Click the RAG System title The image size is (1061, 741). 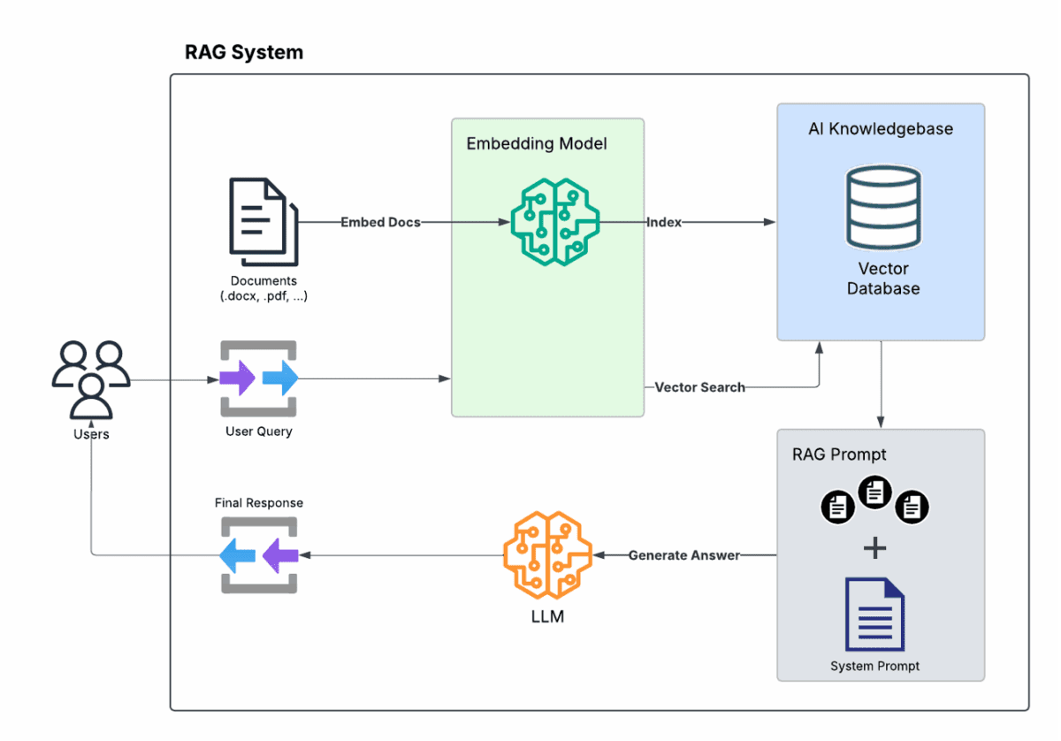(x=243, y=52)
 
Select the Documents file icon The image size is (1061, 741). (x=263, y=221)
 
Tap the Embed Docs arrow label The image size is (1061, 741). (x=380, y=222)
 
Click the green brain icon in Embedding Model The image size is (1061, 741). (x=555, y=221)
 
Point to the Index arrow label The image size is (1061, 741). (x=664, y=222)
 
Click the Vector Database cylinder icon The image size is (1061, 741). (x=882, y=208)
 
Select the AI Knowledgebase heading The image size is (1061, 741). (x=880, y=129)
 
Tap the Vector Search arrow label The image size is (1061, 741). (x=699, y=386)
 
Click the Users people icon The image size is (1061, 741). (x=91, y=379)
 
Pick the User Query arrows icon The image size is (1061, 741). (x=258, y=378)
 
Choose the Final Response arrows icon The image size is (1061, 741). (x=258, y=555)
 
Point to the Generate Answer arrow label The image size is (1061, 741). (x=683, y=555)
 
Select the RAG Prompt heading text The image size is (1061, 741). (x=839, y=455)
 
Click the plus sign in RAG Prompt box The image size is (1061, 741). (x=874, y=548)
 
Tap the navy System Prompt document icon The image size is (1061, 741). (x=874, y=614)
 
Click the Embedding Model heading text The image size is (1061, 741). (x=537, y=143)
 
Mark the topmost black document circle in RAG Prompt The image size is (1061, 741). (x=874, y=492)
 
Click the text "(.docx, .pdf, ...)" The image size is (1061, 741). (x=263, y=296)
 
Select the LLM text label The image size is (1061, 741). (x=547, y=616)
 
